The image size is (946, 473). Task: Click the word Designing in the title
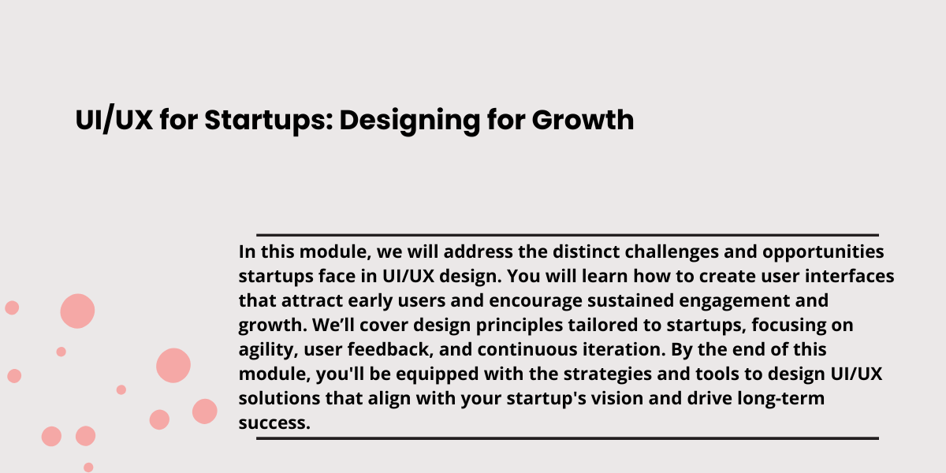pos(410,121)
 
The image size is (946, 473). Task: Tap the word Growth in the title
pos(583,120)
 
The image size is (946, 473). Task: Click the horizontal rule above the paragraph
pos(568,235)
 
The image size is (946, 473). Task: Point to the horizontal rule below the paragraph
pos(568,438)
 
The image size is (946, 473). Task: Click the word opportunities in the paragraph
pos(823,252)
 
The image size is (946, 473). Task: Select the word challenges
pos(672,252)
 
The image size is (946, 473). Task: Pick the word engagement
pos(735,301)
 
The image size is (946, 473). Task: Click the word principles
pos(520,326)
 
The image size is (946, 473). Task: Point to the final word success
pos(274,423)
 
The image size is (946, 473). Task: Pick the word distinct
pos(587,251)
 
